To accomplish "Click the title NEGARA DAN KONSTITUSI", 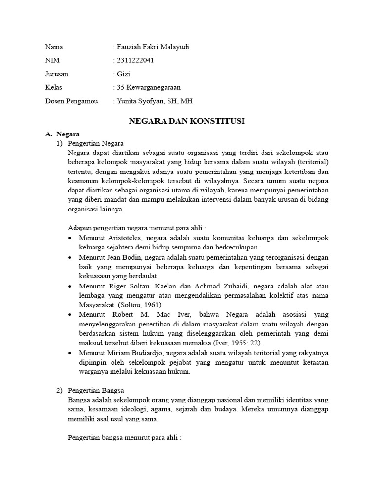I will click(x=187, y=121).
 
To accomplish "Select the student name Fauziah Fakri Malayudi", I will click(x=152, y=47).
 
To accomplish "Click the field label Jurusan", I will click(x=56, y=74).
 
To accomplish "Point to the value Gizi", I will click(x=123, y=74).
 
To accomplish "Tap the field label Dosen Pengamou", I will click(x=71, y=101).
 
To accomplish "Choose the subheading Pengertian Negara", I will click(x=96, y=143).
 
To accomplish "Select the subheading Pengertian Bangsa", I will click(x=96, y=390).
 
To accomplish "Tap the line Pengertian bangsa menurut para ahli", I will click(x=124, y=438).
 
